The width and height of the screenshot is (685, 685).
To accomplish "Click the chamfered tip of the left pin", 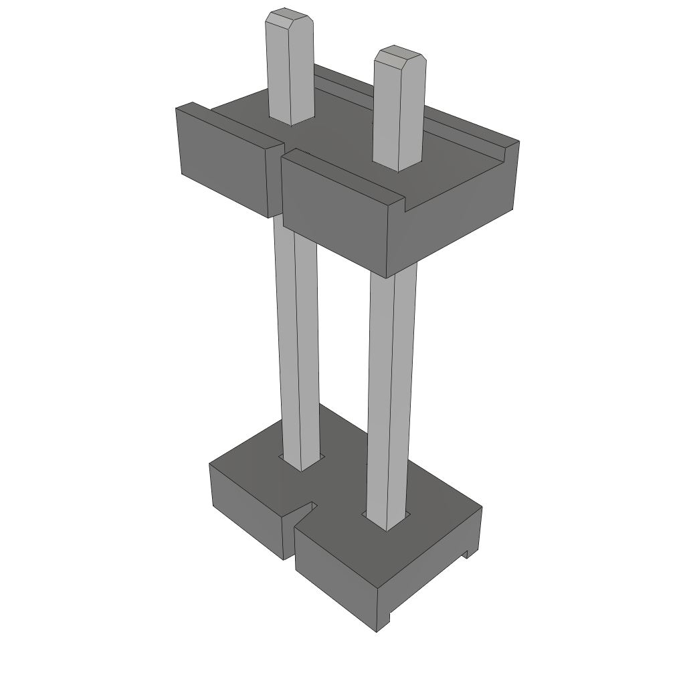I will point(288,17).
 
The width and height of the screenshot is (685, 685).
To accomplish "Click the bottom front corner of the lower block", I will point(378,629).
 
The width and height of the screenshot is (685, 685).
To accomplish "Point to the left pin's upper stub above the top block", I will point(290,74).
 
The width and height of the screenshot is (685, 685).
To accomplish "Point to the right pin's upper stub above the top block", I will point(399,114).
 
